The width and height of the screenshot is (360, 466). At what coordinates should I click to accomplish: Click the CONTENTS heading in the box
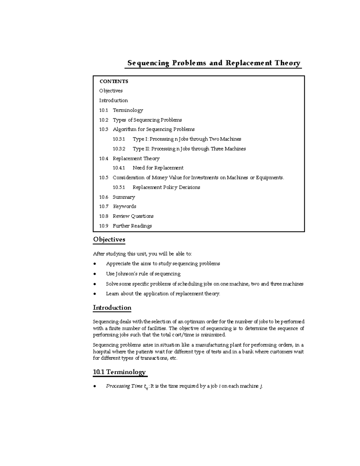point(114,81)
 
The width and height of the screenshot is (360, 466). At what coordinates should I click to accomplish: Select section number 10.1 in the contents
point(103,110)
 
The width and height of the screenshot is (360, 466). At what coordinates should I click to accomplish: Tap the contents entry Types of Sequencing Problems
point(147,120)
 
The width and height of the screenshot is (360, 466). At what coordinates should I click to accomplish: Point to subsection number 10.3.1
point(119,139)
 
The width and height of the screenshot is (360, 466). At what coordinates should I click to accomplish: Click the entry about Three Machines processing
point(189,149)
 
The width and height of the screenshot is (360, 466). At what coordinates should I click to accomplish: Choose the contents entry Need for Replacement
point(158,168)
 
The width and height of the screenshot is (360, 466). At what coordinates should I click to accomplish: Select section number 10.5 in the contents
point(103,178)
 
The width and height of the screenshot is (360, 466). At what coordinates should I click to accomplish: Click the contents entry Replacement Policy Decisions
point(166,187)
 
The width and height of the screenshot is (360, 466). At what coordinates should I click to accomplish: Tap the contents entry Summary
point(124,197)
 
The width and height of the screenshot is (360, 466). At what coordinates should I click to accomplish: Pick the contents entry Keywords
point(124,206)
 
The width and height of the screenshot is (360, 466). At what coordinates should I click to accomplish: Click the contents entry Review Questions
point(133,216)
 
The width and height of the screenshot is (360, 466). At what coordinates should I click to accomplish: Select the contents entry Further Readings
point(132,226)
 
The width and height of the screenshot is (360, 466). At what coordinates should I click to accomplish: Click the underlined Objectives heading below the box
point(109,239)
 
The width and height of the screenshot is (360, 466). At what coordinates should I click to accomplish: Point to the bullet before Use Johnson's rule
point(95,274)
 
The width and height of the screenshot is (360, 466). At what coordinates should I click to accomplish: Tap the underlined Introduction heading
point(112,308)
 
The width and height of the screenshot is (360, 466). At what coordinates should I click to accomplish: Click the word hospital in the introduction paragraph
point(102,352)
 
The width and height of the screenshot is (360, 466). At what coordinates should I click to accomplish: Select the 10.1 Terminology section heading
point(119,372)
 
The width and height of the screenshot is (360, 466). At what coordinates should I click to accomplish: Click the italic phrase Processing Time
point(124,386)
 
